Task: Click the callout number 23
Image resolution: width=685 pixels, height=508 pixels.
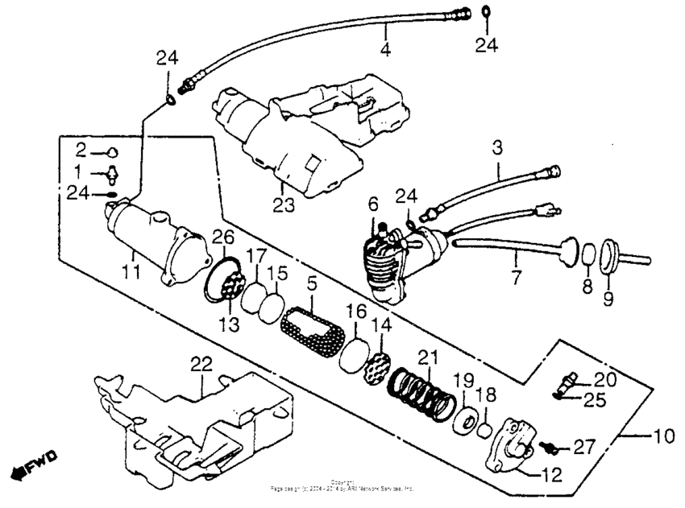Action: coord(283,205)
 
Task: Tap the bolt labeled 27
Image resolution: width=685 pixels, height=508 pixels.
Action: coord(553,444)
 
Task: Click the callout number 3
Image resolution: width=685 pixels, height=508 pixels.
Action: coord(497,148)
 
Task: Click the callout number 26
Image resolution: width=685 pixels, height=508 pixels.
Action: coord(222,237)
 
